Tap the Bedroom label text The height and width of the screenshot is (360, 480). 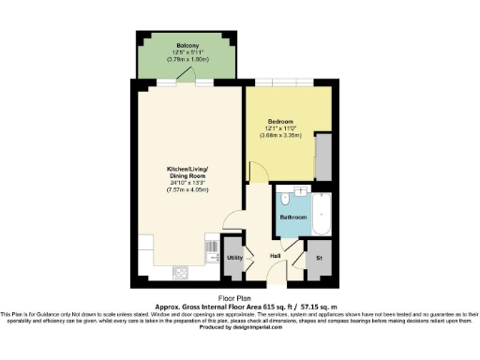click(x=281, y=121)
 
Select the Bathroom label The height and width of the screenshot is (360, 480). click(x=292, y=217)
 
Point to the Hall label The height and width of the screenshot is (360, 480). click(x=276, y=256)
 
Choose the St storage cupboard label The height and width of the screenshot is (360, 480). click(x=319, y=256)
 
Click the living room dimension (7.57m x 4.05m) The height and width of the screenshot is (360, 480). click(x=187, y=190)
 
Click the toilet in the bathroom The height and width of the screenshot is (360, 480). click(x=284, y=200)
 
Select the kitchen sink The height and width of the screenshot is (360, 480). click(x=210, y=249)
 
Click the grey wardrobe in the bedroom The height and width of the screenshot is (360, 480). click(x=323, y=157)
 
